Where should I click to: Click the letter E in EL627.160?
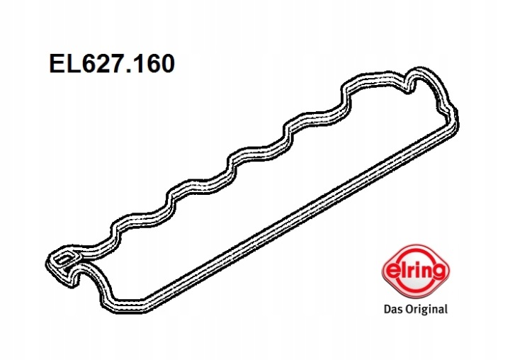[x=56, y=64]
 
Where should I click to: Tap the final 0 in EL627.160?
[x=167, y=64]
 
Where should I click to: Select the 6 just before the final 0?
[x=153, y=64]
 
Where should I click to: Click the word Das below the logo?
[x=392, y=308]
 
